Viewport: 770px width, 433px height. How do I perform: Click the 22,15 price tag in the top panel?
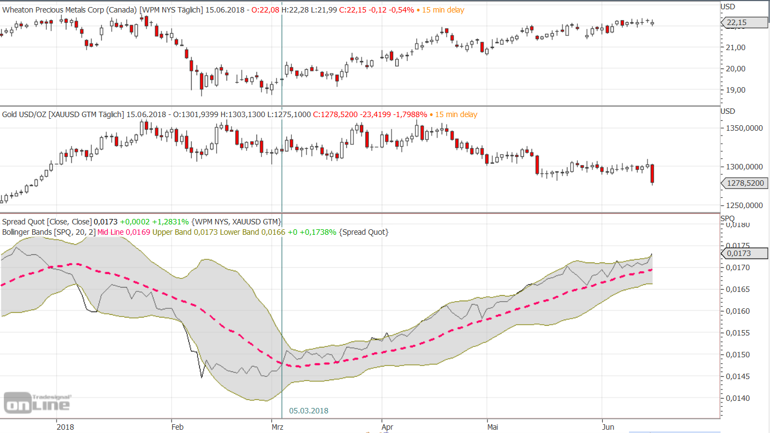(744, 22)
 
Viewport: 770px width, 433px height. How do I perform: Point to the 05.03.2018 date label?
(309, 411)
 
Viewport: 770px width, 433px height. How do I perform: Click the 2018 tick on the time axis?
(65, 427)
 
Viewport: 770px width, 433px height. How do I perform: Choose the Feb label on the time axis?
(178, 427)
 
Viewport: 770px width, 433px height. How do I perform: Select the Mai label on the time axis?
(492, 427)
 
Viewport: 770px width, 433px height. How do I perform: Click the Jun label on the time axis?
(608, 427)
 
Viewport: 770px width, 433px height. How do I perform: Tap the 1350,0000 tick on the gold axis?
(745, 129)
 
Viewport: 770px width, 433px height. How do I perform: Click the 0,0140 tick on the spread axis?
(738, 398)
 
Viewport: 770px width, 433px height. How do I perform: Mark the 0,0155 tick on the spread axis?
(738, 333)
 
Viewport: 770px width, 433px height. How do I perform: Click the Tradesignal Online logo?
(37, 402)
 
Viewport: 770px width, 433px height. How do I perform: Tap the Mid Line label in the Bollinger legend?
(111, 232)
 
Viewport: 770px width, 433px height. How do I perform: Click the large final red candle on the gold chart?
(652, 174)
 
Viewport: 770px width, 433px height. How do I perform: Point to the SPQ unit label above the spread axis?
(728, 218)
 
